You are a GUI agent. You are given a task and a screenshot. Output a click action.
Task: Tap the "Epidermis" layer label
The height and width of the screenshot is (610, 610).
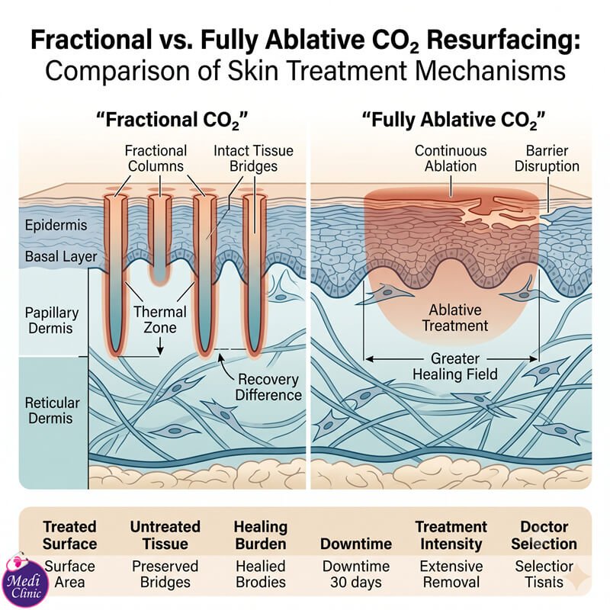click(56, 225)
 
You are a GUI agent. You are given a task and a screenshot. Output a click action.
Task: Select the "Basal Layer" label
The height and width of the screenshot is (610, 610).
click(61, 256)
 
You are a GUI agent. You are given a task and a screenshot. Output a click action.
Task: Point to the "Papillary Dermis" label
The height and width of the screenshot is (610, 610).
click(52, 320)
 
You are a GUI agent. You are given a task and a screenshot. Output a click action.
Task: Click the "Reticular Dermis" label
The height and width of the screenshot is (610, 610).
click(52, 410)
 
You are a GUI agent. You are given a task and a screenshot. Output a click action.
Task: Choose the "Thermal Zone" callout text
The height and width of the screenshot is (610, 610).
click(160, 319)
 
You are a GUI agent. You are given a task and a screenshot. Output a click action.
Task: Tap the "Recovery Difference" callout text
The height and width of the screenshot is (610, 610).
click(268, 387)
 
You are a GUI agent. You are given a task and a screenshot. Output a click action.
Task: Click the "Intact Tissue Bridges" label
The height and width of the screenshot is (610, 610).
click(253, 159)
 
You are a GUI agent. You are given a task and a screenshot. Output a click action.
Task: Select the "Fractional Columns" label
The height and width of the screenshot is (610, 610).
click(156, 159)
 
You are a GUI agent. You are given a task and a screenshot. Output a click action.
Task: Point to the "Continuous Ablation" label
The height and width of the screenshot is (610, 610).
click(451, 159)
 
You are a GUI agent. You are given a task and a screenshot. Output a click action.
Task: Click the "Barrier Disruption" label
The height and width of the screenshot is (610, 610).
click(547, 159)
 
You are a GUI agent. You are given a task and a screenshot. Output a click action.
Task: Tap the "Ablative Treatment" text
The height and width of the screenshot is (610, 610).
click(455, 318)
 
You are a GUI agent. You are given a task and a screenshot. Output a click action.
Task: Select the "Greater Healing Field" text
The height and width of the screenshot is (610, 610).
click(455, 366)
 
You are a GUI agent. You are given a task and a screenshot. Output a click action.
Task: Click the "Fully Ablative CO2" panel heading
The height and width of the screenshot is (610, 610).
click(454, 120)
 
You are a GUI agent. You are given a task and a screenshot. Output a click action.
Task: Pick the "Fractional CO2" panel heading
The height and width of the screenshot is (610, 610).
click(172, 120)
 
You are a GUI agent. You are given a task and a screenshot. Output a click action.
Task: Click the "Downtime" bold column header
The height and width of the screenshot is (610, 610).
click(356, 544)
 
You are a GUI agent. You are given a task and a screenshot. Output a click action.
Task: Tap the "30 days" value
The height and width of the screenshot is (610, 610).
click(356, 583)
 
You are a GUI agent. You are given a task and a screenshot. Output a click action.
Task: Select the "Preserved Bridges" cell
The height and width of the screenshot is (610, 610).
click(165, 574)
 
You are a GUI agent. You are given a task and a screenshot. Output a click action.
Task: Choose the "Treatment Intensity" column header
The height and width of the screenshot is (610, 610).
click(451, 535)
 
